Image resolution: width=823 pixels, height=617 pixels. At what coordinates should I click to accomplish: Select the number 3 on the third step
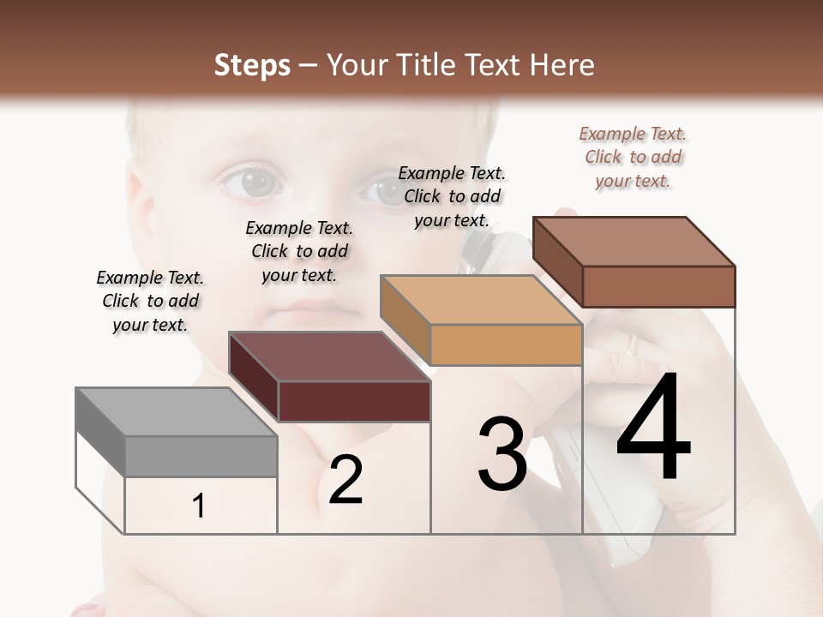click(x=502, y=455)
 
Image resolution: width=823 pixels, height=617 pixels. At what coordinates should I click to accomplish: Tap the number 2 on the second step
click(x=345, y=480)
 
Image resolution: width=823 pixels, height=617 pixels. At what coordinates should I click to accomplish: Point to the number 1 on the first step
click(x=199, y=506)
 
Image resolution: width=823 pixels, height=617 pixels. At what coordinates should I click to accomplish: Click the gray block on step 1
click(x=177, y=433)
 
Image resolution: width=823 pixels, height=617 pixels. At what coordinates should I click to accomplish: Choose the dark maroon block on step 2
click(x=329, y=377)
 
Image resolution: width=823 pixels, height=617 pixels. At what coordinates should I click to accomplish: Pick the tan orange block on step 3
click(x=482, y=320)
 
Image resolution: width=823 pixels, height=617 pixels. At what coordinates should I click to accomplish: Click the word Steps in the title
click(x=252, y=65)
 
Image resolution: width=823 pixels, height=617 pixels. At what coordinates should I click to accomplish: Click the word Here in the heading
click(x=561, y=65)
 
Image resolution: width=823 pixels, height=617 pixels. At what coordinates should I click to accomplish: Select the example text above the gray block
click(x=150, y=301)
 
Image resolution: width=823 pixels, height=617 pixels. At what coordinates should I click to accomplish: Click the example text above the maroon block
click(x=299, y=251)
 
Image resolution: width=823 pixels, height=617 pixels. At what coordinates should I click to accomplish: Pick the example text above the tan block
click(x=452, y=196)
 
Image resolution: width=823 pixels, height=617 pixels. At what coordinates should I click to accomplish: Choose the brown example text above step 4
click(x=633, y=157)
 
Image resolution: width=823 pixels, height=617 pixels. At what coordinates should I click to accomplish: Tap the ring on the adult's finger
click(x=632, y=345)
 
